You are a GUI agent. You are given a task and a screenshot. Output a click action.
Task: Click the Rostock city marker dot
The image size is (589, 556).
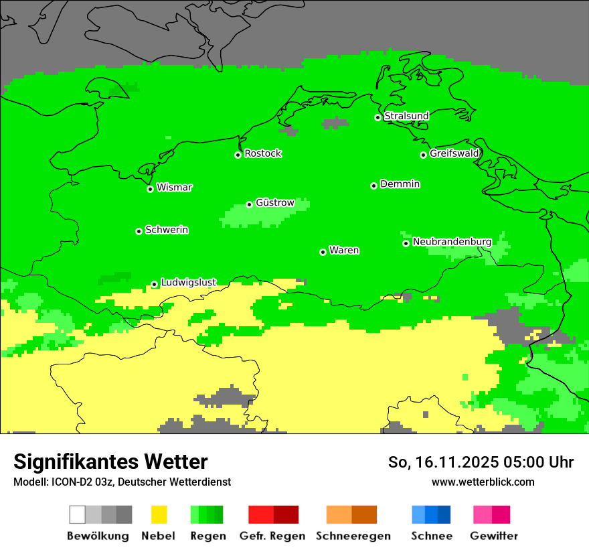click(x=238, y=155)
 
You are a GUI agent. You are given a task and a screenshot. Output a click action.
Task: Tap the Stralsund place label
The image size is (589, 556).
click(x=406, y=116)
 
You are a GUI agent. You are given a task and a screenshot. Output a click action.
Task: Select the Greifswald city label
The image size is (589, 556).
click(x=454, y=153)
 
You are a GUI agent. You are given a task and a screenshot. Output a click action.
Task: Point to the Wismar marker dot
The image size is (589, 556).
click(x=150, y=189)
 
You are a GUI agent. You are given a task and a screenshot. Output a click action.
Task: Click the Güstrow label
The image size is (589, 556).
click(x=275, y=203)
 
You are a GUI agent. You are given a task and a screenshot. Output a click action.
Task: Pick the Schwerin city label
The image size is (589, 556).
click(x=167, y=230)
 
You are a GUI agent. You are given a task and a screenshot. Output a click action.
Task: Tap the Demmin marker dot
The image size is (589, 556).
click(x=373, y=186)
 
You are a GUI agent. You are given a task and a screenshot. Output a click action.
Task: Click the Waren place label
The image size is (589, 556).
click(x=344, y=251)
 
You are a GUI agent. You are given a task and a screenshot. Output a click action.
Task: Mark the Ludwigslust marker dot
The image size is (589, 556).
click(x=154, y=284)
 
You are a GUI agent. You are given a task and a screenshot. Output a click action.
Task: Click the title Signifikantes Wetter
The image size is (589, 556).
click(x=110, y=462)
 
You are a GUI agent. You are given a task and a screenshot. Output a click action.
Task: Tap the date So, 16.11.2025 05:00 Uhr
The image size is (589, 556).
click(x=481, y=462)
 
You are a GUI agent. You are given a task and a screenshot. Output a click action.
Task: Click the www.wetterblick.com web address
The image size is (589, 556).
click(x=483, y=482)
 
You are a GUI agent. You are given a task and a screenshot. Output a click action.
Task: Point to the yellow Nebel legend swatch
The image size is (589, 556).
click(x=159, y=514)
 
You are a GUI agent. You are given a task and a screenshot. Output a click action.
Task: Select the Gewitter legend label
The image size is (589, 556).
click(x=493, y=536)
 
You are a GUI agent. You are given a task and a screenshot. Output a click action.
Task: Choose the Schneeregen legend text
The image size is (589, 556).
click(x=353, y=536)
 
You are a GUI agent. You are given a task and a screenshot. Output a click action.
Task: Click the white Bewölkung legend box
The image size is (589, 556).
click(x=78, y=514)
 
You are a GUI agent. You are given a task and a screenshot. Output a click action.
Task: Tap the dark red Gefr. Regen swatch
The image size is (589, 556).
click(x=286, y=514)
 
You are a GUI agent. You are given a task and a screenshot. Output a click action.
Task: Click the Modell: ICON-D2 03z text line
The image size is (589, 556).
click(x=122, y=482)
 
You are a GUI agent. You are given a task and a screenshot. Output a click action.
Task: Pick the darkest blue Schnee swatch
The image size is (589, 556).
click(x=444, y=514)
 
